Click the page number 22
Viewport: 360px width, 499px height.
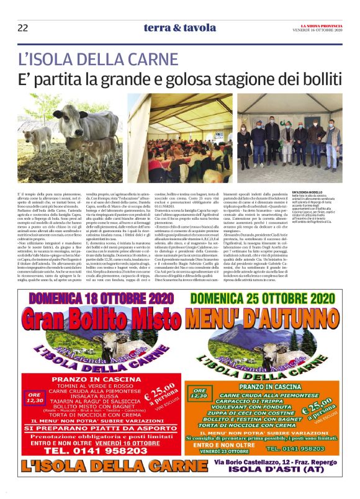23,27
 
